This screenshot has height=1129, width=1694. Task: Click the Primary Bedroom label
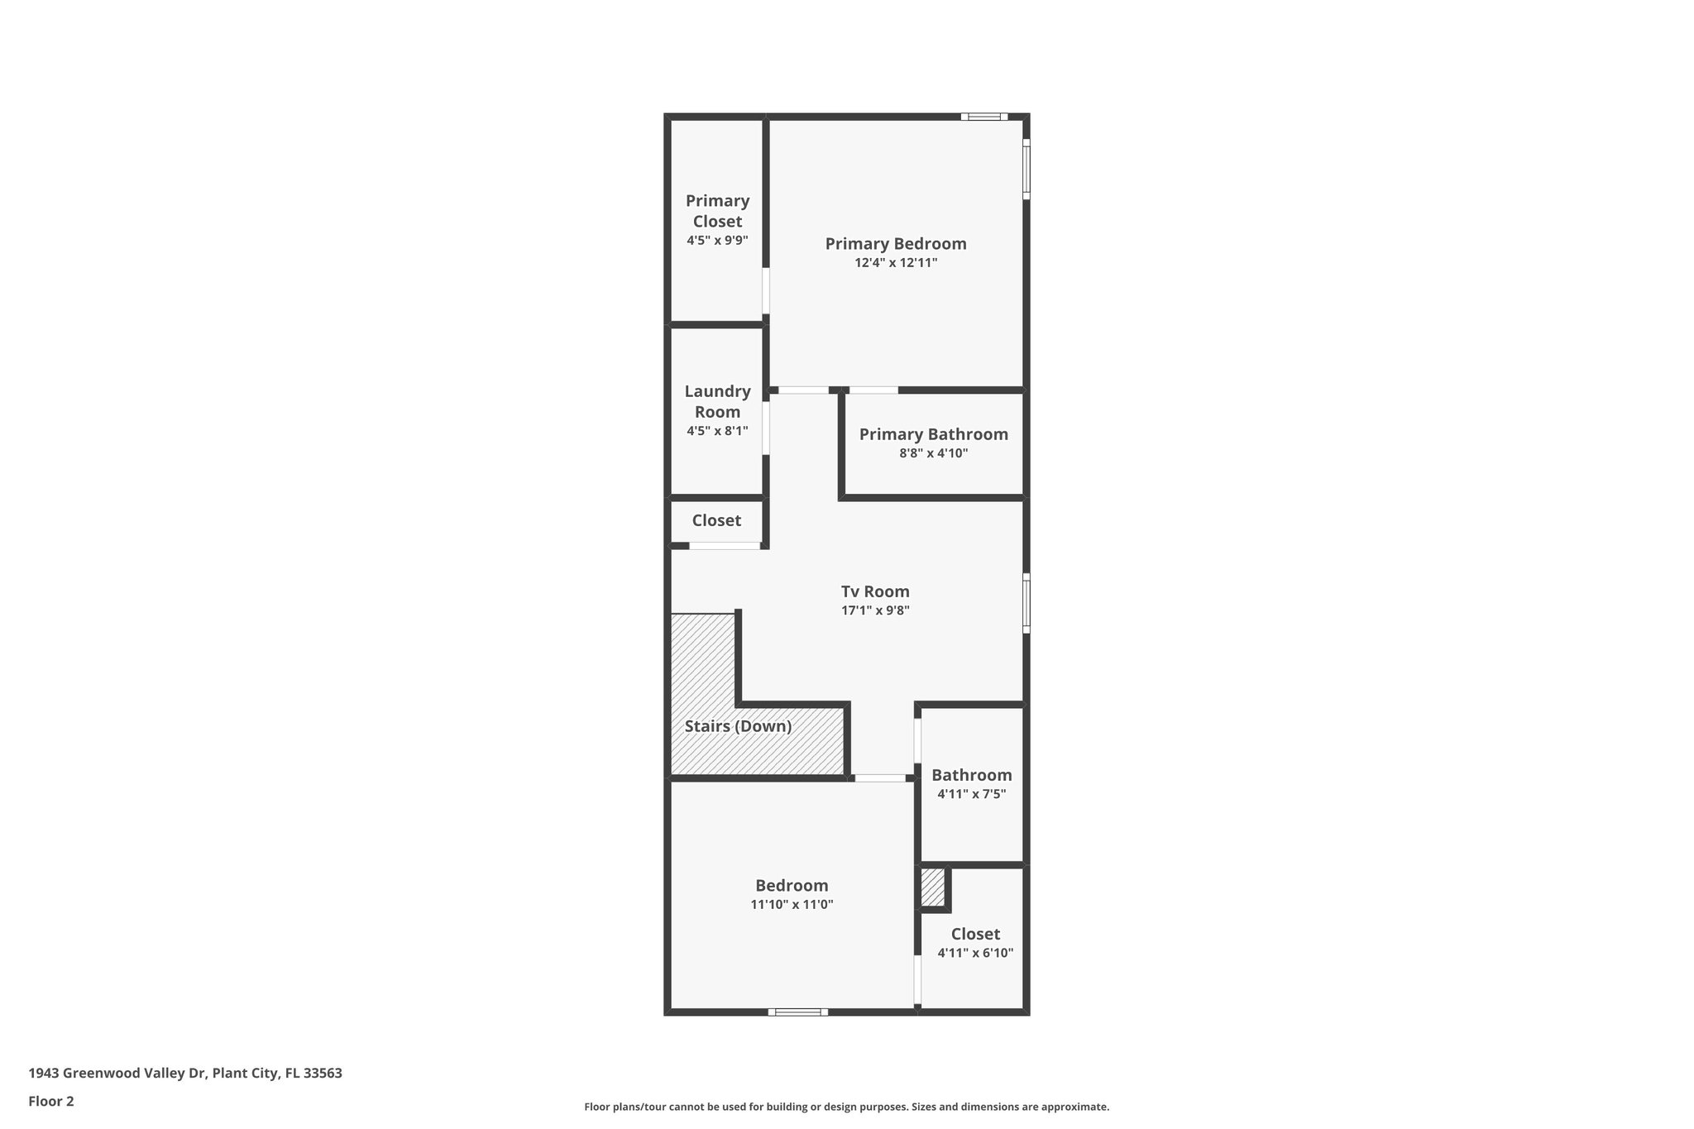pyautogui.click(x=895, y=244)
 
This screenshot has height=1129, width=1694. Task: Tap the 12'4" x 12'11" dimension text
pyautogui.click(x=896, y=263)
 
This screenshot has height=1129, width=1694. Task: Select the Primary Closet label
pyautogui.click(x=717, y=211)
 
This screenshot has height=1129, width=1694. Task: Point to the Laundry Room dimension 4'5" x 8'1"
pyautogui.click(x=717, y=431)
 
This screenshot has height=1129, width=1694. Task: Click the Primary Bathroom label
pyautogui.click(x=933, y=434)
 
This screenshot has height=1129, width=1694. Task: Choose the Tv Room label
pyautogui.click(x=875, y=591)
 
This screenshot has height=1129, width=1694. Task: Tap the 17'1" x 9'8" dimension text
pyautogui.click(x=875, y=611)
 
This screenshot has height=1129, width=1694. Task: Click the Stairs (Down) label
pyautogui.click(x=738, y=726)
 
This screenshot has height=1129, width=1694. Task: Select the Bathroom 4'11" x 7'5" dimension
pyautogui.click(x=971, y=794)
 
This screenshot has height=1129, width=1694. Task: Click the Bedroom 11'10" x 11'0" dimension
pyautogui.click(x=792, y=905)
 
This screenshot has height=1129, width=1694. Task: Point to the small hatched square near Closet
pyautogui.click(x=932, y=887)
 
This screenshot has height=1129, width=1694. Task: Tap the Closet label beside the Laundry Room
pyautogui.click(x=716, y=520)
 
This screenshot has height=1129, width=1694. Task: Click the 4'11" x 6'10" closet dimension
pyautogui.click(x=975, y=953)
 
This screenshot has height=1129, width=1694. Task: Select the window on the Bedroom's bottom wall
pyautogui.click(x=797, y=1012)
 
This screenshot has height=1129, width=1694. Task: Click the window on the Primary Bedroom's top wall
pyautogui.click(x=983, y=117)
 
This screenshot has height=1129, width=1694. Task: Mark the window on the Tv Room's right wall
pyautogui.click(x=1026, y=603)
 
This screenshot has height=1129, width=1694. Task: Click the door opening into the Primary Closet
pyautogui.click(x=766, y=290)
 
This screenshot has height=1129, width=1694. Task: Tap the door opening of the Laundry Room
pyautogui.click(x=766, y=428)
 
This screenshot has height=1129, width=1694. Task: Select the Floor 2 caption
pyautogui.click(x=51, y=1102)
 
